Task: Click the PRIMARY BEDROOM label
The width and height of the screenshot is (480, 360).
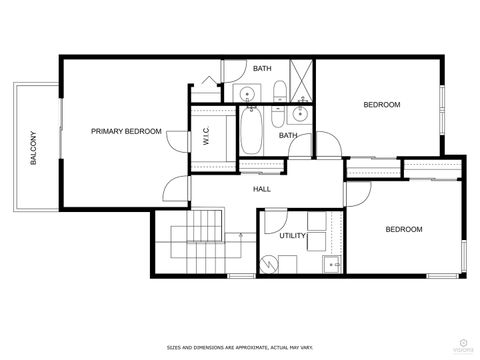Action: (x=126, y=131)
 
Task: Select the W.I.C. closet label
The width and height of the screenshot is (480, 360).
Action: (x=206, y=137)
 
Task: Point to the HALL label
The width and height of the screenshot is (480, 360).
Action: (x=262, y=188)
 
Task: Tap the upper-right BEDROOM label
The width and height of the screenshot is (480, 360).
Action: (x=381, y=105)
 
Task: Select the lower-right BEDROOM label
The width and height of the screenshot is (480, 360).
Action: (x=404, y=229)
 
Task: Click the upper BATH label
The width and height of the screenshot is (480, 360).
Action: (x=262, y=68)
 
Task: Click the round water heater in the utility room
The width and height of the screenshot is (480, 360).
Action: (x=269, y=263)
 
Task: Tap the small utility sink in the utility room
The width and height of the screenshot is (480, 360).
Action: (x=329, y=264)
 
